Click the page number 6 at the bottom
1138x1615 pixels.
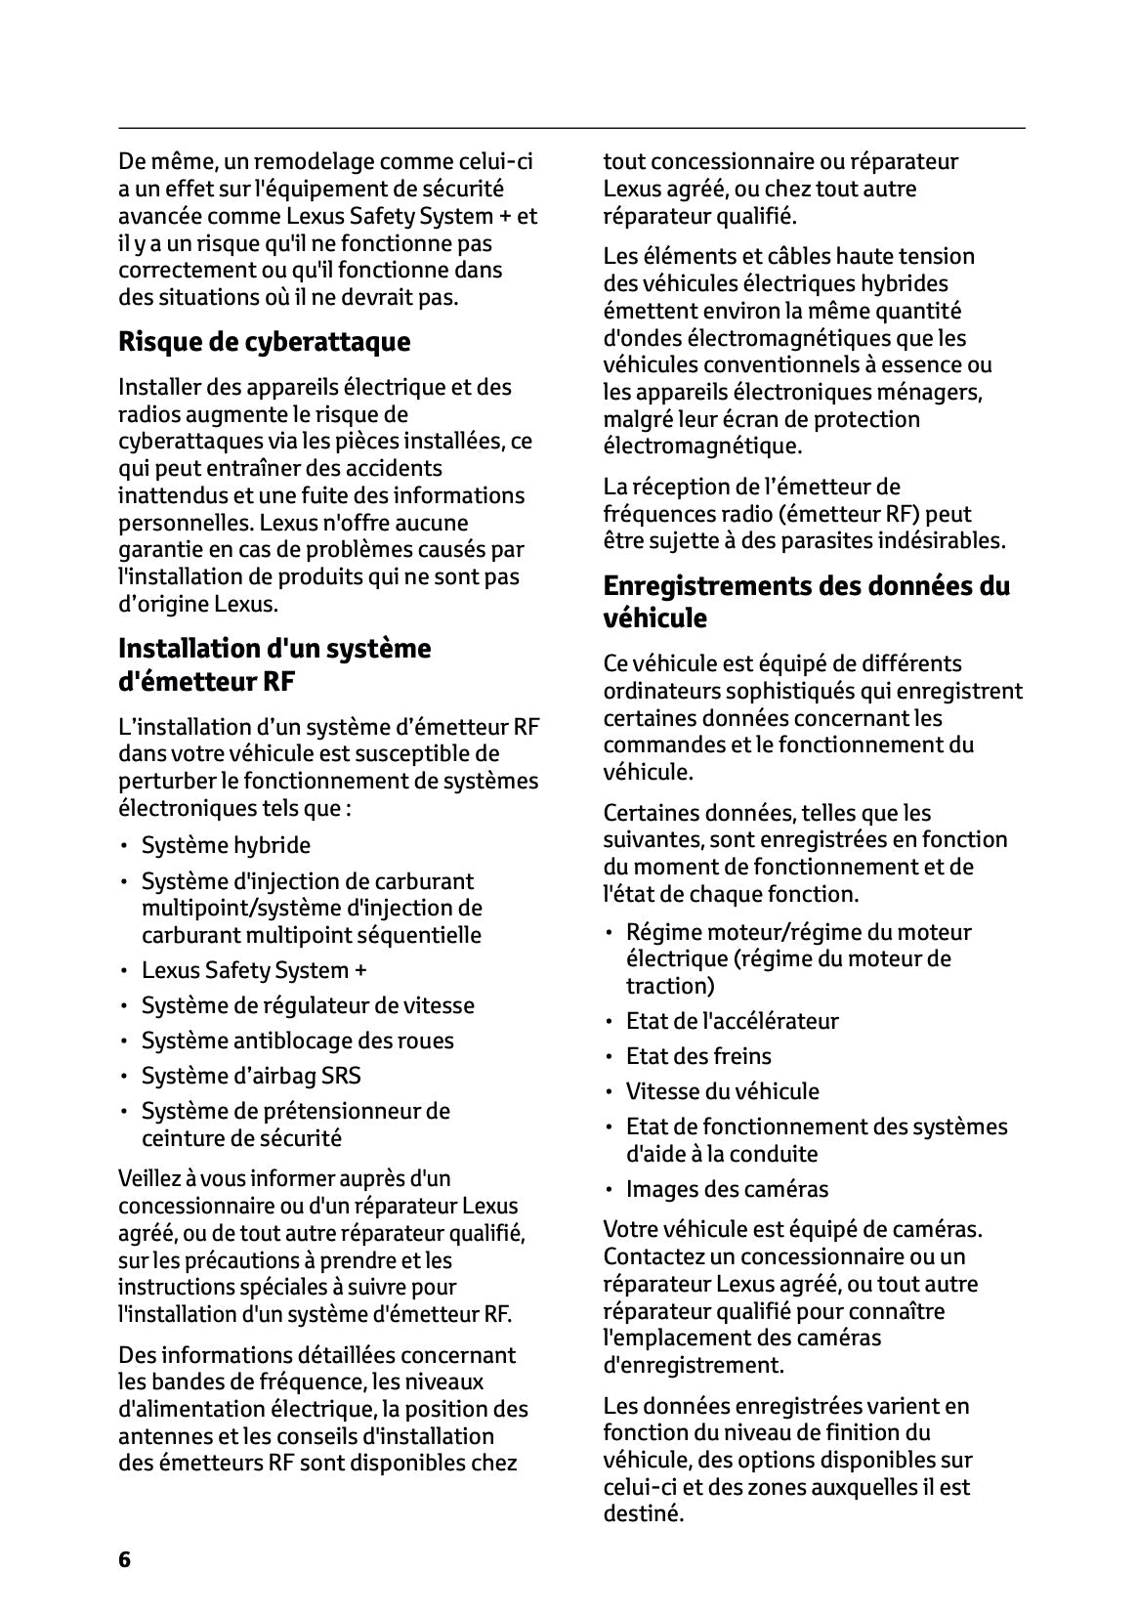(124, 1559)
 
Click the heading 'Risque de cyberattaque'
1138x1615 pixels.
(264, 342)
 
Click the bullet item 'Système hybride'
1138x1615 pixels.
(226, 845)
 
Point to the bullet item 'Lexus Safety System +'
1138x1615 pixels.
(254, 970)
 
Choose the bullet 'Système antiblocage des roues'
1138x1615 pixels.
(297, 1041)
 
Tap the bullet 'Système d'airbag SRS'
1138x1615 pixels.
(251, 1076)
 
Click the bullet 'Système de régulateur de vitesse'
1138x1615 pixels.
(308, 1005)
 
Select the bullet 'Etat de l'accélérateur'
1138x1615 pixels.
(732, 1021)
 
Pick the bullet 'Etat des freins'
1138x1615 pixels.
(698, 1056)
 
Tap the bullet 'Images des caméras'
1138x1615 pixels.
(727, 1189)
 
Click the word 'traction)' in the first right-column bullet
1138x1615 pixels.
(670, 986)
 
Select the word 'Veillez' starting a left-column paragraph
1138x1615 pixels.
(148, 1178)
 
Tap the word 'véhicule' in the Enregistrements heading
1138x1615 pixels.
(654, 618)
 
